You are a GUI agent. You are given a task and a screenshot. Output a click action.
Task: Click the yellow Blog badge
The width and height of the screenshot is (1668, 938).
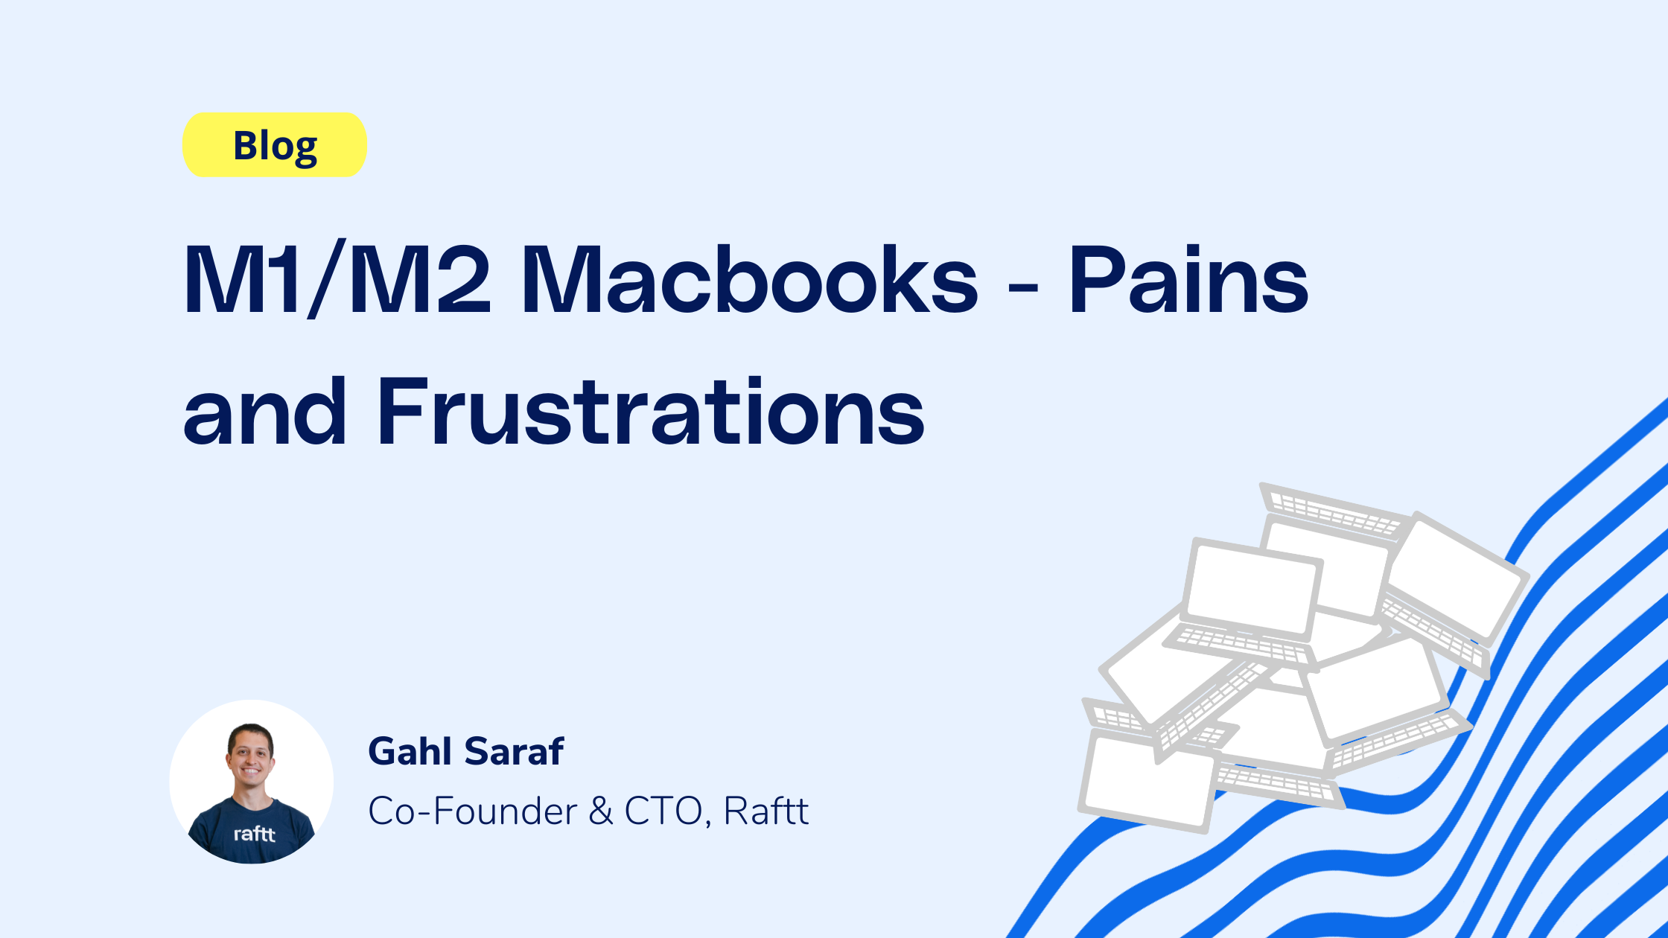pyautogui.click(x=275, y=144)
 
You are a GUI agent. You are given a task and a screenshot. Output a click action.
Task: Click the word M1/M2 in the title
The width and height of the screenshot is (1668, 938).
pyautogui.click(x=337, y=280)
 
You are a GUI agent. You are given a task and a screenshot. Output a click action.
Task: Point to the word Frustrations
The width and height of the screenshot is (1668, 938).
pyautogui.click(x=651, y=411)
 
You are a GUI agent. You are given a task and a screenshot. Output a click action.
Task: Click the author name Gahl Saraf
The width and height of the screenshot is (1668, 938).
pyautogui.click(x=466, y=751)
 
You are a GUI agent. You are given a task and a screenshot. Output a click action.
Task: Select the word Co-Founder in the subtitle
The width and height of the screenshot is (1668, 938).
pyautogui.click(x=473, y=811)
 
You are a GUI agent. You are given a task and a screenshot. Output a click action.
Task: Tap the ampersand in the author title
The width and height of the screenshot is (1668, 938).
pyautogui.click(x=601, y=811)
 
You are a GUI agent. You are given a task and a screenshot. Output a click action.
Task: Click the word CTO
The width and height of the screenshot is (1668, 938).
pyautogui.click(x=663, y=811)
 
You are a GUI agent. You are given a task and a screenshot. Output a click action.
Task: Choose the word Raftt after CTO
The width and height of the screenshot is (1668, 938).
pyautogui.click(x=765, y=811)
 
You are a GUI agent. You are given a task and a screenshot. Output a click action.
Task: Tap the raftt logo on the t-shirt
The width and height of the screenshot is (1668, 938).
pyautogui.click(x=255, y=833)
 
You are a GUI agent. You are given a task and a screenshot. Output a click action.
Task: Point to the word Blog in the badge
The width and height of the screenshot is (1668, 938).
pyautogui.click(x=275, y=147)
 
